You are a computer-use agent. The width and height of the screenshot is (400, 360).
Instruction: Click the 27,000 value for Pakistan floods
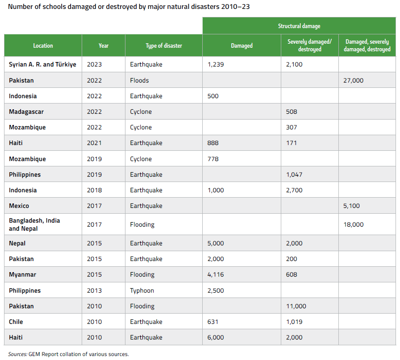coord(354,80)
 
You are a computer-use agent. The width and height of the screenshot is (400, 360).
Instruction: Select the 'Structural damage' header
coord(299,26)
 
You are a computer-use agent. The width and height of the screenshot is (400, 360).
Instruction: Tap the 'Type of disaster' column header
coord(163,46)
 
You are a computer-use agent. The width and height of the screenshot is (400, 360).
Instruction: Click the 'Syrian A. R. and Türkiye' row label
coord(42,64)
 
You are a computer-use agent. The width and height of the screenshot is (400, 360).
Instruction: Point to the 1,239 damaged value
coord(216,64)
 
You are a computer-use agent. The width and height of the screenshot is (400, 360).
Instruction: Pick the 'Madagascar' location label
coord(26,112)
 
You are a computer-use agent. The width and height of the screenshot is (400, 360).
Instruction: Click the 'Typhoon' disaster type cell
coord(142,290)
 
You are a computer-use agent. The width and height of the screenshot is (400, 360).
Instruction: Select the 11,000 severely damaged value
coord(296,306)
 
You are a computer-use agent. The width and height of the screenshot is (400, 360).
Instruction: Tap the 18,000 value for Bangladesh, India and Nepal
coord(354,224)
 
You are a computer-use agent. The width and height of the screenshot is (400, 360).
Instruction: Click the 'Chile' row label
coord(16,322)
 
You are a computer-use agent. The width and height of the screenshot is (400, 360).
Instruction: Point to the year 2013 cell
coord(95,290)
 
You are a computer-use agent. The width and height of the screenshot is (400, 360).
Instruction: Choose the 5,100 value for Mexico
coord(351,206)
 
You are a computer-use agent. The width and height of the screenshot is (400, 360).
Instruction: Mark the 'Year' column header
coord(104,46)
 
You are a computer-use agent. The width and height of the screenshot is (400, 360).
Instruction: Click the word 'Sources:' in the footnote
coord(17,354)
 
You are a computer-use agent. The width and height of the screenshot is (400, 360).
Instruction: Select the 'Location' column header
coord(43,46)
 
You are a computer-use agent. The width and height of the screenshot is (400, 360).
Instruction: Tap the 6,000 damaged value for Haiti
coord(216,338)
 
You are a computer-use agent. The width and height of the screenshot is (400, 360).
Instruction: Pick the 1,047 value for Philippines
coord(294,174)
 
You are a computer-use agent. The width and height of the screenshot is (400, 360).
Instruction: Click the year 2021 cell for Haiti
coord(95,143)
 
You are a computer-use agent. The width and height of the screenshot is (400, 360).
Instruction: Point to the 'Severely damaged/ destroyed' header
coord(309,46)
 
